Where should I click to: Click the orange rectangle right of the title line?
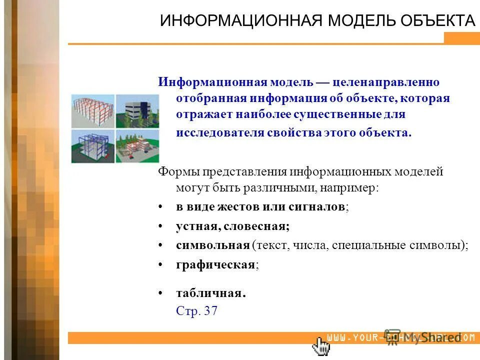tap(461, 38)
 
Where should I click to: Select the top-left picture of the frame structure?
tap(92, 110)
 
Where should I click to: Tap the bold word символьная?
tap(212, 245)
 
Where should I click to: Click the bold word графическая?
tap(215, 264)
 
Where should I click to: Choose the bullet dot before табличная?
tap(160, 293)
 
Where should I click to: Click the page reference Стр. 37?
tap(196, 310)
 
